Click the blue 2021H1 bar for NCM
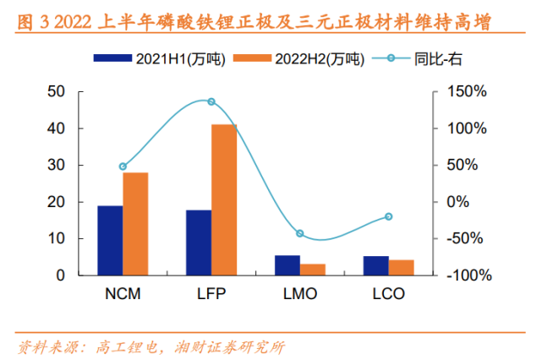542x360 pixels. coord(110,241)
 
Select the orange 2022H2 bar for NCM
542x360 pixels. coord(135,224)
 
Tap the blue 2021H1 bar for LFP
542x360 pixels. coord(199,243)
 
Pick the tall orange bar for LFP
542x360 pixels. coord(224,200)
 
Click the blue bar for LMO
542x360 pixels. coord(287,265)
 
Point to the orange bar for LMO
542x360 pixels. coord(313,270)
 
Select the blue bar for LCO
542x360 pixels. coord(376,266)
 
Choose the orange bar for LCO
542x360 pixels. coord(402,268)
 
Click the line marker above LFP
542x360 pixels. coord(211,101)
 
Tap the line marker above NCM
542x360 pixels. coord(123,166)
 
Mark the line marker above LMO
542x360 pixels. coord(300,233)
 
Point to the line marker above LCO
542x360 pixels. coord(389,216)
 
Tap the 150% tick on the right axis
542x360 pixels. coord(466,91)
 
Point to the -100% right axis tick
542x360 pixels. coord(464,275)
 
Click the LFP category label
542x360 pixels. coord(211,295)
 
